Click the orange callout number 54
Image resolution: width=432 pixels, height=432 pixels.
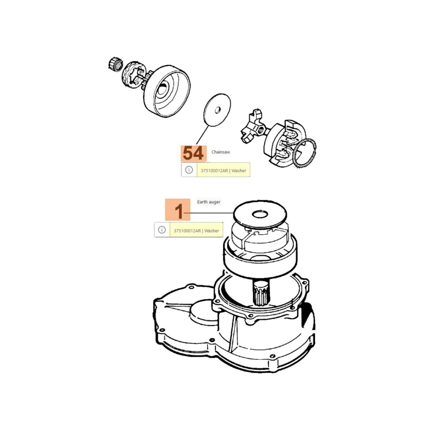tap(193, 153)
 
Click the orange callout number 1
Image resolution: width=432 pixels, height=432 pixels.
tap(178, 210)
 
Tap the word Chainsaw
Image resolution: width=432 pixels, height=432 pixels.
tap(221, 152)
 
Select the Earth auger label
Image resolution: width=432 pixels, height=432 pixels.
tap(209, 202)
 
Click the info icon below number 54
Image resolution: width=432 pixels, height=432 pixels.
tap(189, 170)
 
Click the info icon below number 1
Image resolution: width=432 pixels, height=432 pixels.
tap(162, 230)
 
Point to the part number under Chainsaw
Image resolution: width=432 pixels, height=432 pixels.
tap(214, 171)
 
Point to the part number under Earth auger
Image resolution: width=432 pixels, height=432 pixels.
tap(187, 231)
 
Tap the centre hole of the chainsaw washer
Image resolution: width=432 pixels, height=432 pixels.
tap(217, 110)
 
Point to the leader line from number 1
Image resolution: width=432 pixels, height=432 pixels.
tap(209, 213)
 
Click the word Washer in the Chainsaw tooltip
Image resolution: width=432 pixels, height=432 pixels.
tap(239, 171)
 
